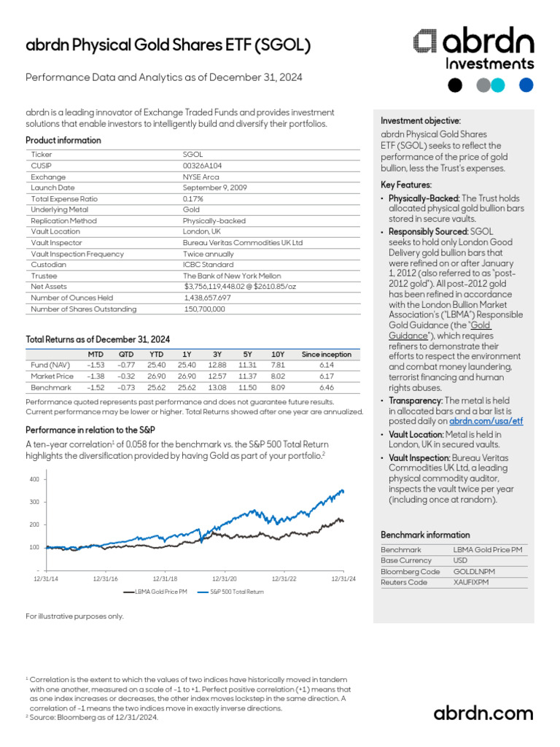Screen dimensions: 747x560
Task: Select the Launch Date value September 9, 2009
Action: coord(214,187)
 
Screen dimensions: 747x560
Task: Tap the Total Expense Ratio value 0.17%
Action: coord(192,198)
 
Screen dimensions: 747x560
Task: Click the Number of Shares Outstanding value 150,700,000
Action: coord(205,309)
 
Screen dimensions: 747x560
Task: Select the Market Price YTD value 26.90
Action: coord(157,376)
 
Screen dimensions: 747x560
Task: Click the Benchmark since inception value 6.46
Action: coord(326,387)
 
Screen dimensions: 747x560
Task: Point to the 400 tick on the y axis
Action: coord(34,479)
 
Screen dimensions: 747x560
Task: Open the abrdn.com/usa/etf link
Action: coord(486,421)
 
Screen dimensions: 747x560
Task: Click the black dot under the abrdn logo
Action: coord(454,85)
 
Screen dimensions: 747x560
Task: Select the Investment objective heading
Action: coord(421,121)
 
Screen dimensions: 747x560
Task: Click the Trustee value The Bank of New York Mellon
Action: coord(231,275)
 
